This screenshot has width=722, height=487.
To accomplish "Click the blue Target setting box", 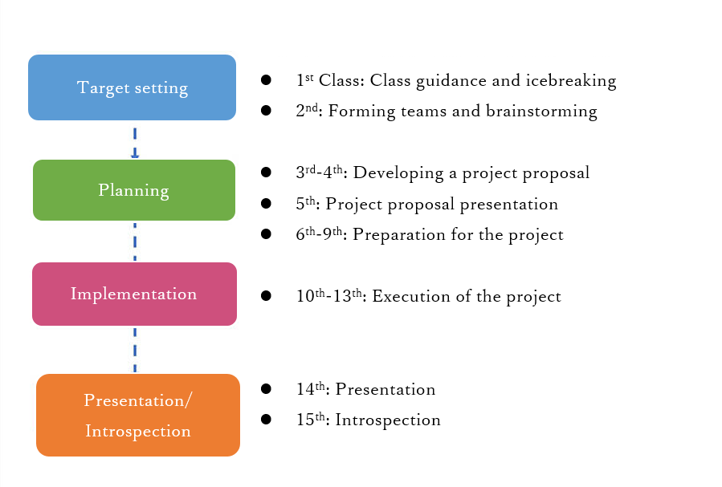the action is coord(133,87).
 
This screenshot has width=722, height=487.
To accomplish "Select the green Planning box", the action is coord(134,190).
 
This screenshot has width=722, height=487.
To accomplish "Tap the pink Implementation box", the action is coord(134,294).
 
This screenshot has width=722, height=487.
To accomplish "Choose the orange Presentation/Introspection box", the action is coord(138,416).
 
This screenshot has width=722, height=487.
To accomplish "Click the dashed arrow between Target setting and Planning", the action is coord(135,143).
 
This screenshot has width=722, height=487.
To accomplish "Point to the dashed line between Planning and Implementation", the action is coord(135,241).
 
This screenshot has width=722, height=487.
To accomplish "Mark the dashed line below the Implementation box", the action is coord(135,350).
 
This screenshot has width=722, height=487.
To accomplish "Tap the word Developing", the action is coord(398,173).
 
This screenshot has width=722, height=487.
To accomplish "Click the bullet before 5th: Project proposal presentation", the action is coord(266,203).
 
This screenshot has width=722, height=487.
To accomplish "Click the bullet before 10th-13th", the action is coord(266,296).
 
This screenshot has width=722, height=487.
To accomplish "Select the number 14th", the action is coord(311,389).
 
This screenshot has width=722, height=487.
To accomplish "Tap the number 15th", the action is coord(311,420).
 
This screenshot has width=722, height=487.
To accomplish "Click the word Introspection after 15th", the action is coord(388,420).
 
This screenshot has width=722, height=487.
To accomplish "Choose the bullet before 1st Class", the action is coord(266,80).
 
